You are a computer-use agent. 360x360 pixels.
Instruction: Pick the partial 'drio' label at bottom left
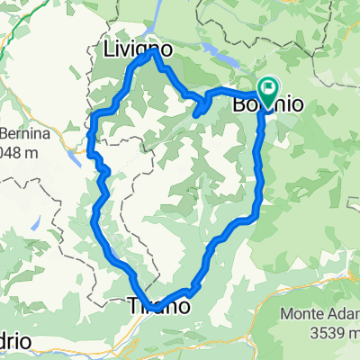tap(18, 343)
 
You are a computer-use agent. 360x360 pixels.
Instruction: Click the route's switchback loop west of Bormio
tap(202, 108)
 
